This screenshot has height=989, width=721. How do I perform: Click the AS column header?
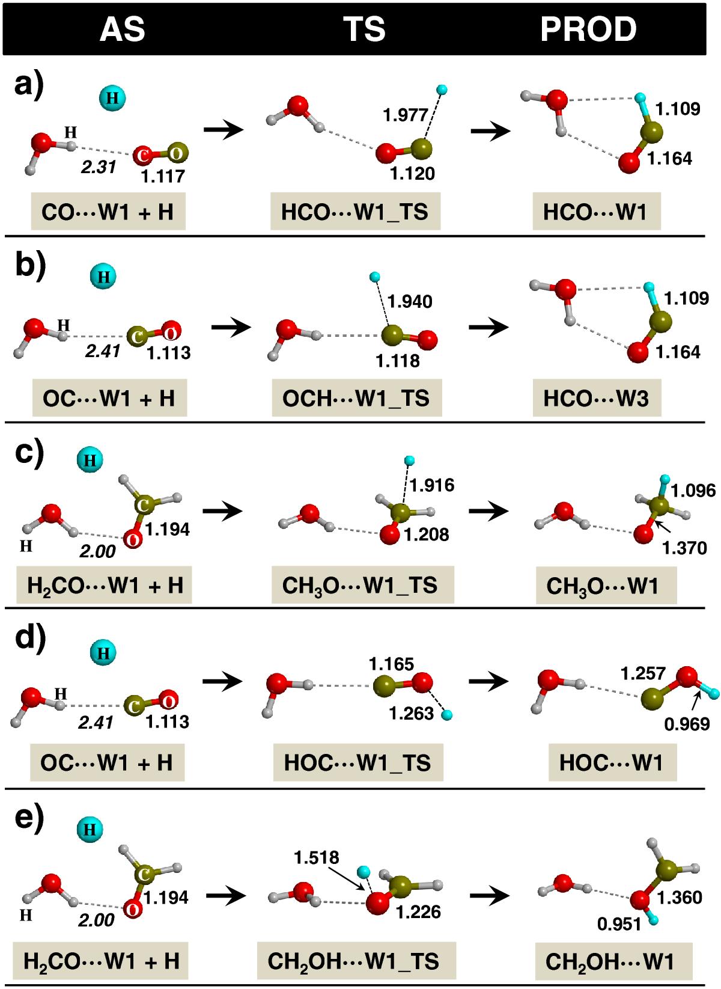point(123,29)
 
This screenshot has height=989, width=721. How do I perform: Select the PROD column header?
point(588,29)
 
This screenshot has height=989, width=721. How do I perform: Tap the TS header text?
point(364,29)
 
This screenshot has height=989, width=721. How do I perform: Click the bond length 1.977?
point(406,115)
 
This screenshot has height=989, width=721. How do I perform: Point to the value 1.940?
point(410,301)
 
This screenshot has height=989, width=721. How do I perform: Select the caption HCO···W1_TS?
point(355,212)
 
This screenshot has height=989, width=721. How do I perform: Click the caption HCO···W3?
point(596,398)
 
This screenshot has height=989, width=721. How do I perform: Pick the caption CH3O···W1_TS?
point(360,585)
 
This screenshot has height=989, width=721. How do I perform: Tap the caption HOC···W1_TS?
point(357,763)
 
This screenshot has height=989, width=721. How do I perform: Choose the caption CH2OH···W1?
point(610,961)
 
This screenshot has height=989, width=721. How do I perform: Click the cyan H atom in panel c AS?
point(90,461)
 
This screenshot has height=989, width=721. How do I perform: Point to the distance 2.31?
point(98,167)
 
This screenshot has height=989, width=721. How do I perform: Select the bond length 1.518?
point(317,857)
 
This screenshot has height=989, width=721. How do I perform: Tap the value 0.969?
point(687,724)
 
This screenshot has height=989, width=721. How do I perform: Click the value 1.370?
point(684,548)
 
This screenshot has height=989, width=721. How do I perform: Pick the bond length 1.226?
point(418,911)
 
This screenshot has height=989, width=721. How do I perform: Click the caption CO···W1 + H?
point(108,212)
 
